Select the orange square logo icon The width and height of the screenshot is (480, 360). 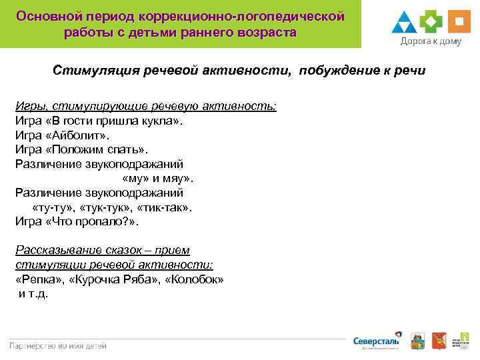tap(459, 21)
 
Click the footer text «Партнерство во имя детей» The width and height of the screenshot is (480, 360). tap(58, 345)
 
